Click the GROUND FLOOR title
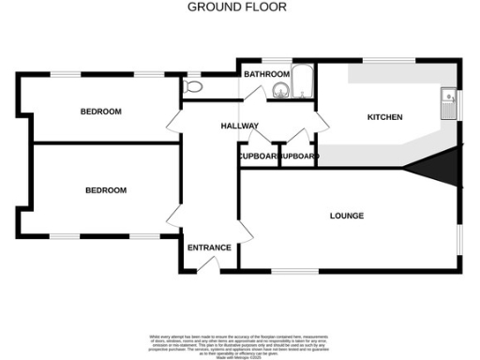[x=237, y=7]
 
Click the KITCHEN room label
[x=383, y=117]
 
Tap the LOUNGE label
[x=347, y=216]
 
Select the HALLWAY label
[x=239, y=127]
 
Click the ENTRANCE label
[x=209, y=247]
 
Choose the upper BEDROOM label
[x=100, y=112]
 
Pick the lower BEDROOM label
[x=106, y=190]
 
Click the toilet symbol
[x=193, y=86]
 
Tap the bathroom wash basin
[x=279, y=90]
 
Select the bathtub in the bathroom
[x=302, y=83]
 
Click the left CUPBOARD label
[x=258, y=156]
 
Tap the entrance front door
[x=209, y=266]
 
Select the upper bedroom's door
[x=175, y=122]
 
